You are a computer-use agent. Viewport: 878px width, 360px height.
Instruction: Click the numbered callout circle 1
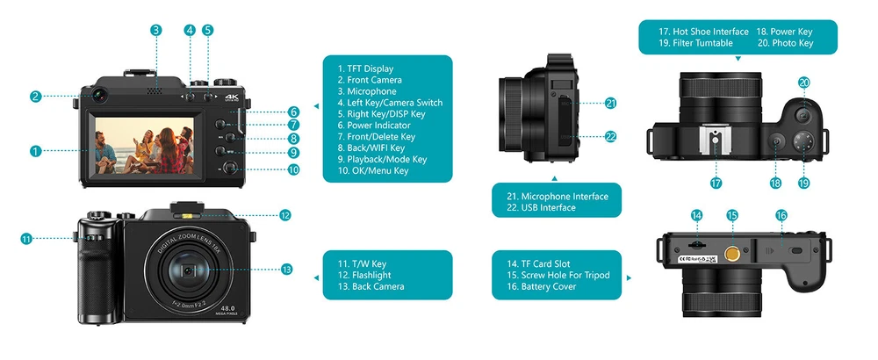(x=35, y=151)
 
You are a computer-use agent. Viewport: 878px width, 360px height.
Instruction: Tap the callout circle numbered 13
(x=286, y=270)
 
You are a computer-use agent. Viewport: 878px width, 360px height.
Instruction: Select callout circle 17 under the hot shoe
(x=716, y=183)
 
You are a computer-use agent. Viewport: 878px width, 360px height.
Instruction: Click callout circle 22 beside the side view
(x=611, y=136)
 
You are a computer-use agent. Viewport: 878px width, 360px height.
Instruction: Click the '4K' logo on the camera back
(x=232, y=98)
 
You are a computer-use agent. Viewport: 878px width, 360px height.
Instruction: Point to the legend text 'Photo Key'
(x=793, y=43)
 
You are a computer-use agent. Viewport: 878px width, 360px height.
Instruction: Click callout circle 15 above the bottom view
(x=732, y=215)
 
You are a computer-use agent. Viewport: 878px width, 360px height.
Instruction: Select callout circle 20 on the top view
(x=804, y=83)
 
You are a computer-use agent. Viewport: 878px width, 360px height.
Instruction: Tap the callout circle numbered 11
(x=26, y=238)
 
